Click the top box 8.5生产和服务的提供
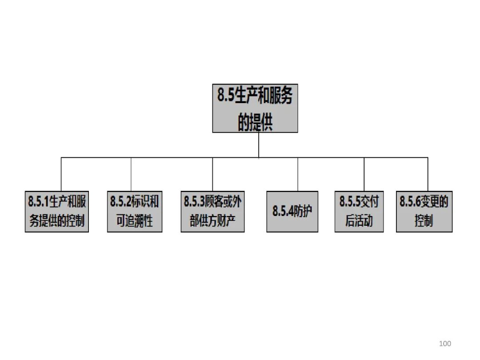click(x=255, y=108)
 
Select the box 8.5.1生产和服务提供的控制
click(x=57, y=212)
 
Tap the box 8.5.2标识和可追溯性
click(x=135, y=212)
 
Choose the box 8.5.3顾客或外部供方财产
click(x=212, y=212)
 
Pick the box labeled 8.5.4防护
click(x=292, y=212)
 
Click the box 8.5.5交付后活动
click(x=359, y=212)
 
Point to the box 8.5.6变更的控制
click(x=424, y=212)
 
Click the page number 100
click(x=444, y=343)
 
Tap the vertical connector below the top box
click(x=259, y=145)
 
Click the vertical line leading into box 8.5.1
click(x=61, y=174)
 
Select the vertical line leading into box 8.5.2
click(x=131, y=174)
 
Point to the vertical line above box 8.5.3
click(x=212, y=174)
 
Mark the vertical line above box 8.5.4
click(x=298, y=174)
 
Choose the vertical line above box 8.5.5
click(x=364, y=174)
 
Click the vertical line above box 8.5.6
click(x=428, y=174)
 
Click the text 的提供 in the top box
click(x=255, y=121)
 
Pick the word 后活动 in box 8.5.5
click(x=359, y=220)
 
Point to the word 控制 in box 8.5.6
click(x=424, y=220)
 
